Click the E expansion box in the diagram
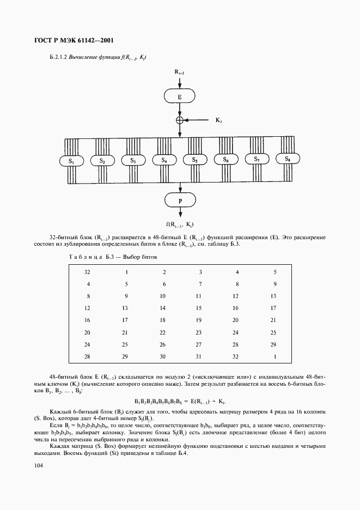[180, 97]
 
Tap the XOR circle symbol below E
[180, 120]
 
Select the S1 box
[71, 161]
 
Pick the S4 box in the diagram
[164, 160]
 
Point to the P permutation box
[180, 201]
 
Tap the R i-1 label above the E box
[180, 71]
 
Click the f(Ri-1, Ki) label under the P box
[180, 224]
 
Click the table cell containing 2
[164, 272]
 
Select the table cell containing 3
[200, 272]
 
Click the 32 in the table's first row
[88, 272]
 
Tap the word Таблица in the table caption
[83, 256]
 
